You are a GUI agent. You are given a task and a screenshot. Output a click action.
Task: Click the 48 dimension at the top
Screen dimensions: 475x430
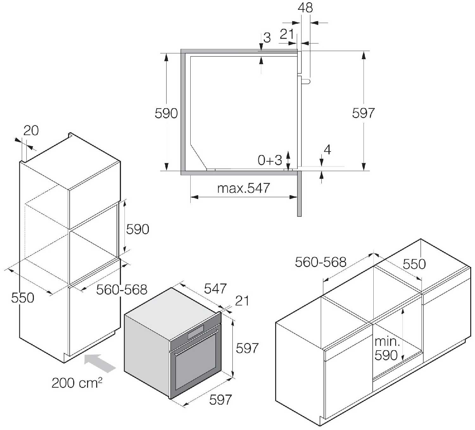(305, 8)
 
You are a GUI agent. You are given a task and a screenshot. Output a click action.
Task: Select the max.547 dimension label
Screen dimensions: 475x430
(244, 188)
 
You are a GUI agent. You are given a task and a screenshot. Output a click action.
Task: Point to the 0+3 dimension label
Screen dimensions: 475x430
(270, 160)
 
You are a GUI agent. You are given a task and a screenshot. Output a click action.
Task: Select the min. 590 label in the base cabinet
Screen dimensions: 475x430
(387, 348)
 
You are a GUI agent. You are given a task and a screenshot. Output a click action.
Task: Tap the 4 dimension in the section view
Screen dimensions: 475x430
(327, 150)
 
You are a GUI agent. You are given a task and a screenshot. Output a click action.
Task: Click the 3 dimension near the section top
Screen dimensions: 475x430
(267, 38)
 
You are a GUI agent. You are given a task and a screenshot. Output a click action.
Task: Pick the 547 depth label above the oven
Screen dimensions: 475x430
(215, 289)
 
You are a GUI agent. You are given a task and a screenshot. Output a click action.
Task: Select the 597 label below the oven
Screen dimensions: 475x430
(220, 400)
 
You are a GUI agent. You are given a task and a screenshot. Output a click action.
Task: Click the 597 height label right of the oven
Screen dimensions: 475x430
(247, 348)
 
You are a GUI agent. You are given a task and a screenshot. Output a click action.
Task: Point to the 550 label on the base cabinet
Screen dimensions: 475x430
(414, 264)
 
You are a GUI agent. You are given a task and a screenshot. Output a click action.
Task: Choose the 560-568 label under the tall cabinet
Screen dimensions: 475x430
(122, 290)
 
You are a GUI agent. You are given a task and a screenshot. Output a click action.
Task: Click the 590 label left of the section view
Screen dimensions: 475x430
(166, 113)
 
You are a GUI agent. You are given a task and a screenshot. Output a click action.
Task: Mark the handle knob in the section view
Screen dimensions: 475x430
(306, 81)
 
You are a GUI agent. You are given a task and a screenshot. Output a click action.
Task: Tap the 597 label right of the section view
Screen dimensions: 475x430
(363, 113)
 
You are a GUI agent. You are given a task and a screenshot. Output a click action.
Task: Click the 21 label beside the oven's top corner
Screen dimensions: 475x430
(242, 301)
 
